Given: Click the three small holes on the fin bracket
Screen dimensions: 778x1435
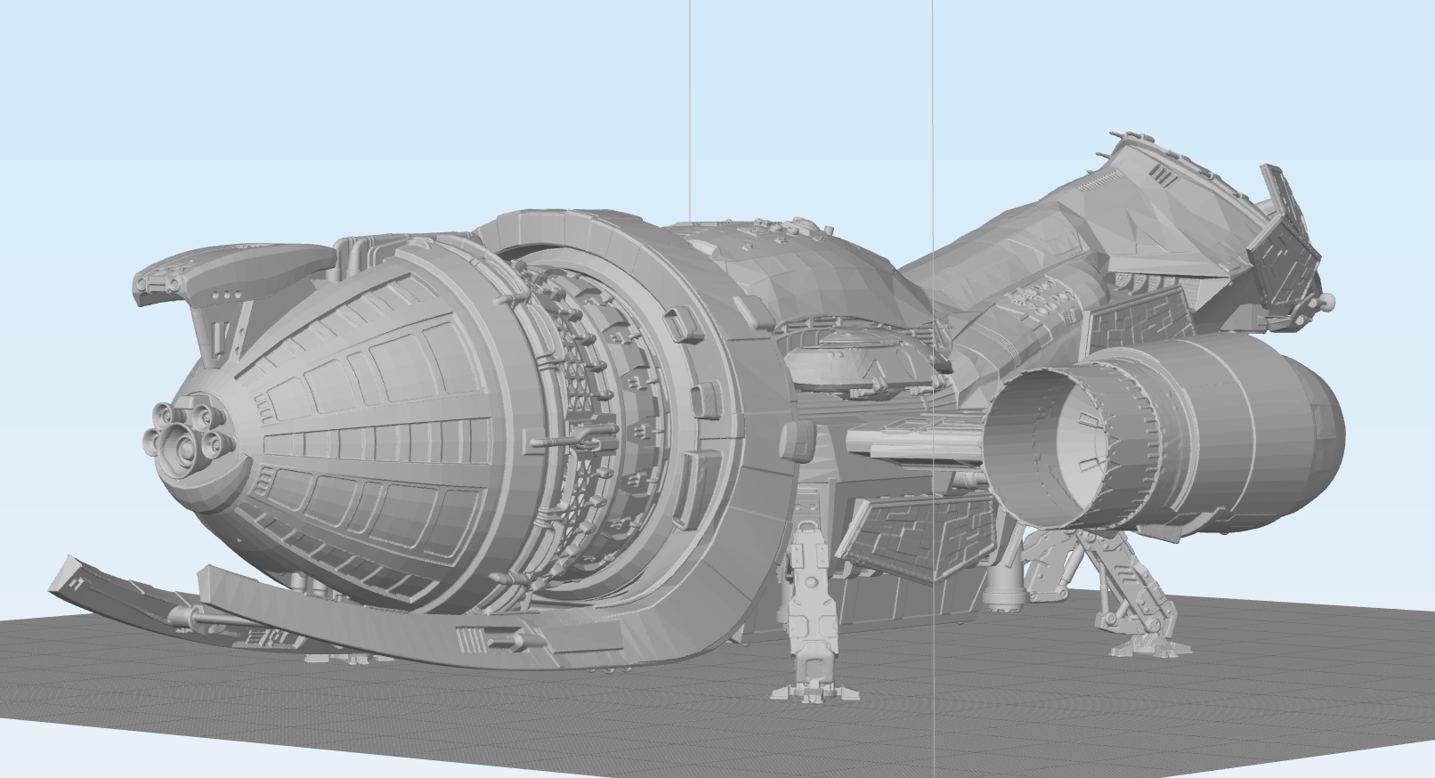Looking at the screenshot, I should tap(229, 295).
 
